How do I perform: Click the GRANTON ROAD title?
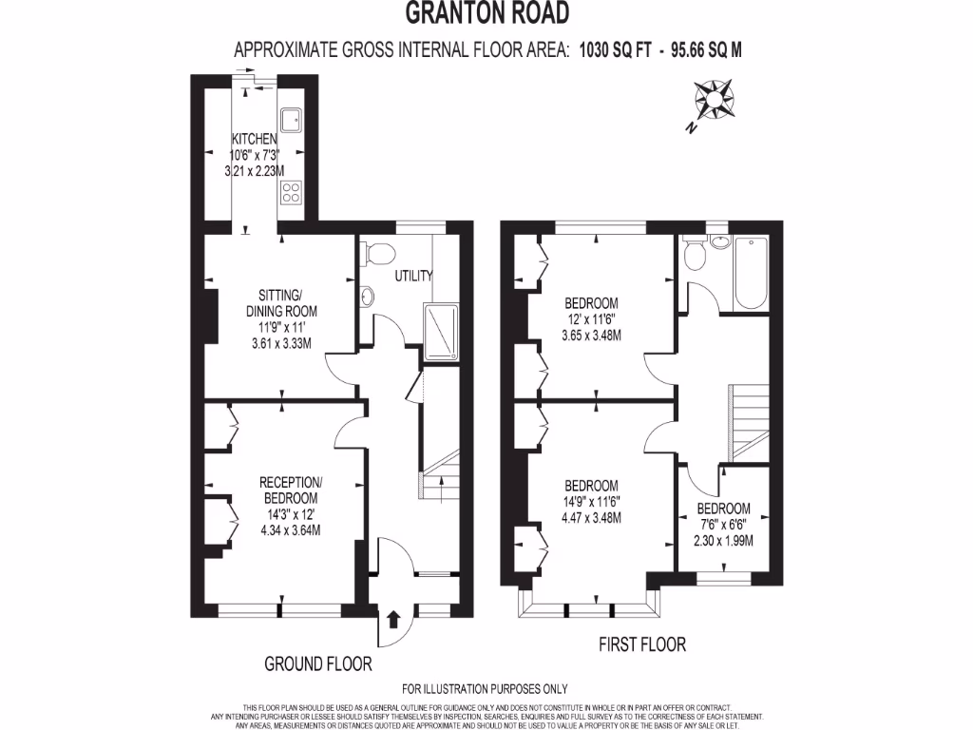486,13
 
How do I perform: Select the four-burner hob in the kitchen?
291,193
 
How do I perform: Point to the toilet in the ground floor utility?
378,255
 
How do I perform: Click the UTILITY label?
414,276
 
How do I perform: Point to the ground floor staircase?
438,476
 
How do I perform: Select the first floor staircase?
748,419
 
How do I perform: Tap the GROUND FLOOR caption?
317,663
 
